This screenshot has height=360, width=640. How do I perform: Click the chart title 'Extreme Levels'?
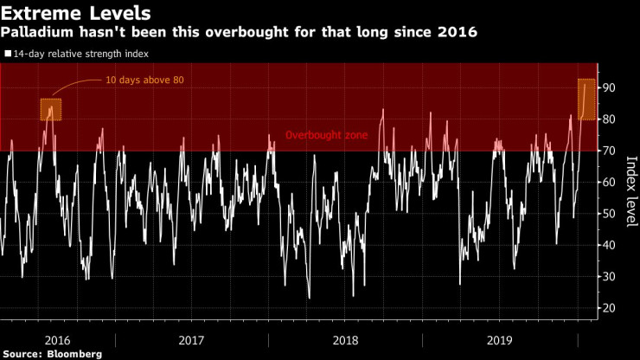point(76,13)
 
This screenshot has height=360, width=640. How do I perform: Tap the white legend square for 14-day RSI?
point(7,53)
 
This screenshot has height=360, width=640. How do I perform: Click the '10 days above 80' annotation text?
point(144,80)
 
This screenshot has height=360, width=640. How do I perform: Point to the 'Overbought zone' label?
point(328,136)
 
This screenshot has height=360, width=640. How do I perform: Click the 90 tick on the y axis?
point(609,88)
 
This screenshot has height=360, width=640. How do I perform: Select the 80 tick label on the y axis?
point(609,119)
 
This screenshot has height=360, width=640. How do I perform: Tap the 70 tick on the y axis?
point(609,151)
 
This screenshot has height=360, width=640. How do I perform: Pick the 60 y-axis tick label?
point(609,183)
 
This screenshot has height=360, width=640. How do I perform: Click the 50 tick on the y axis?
point(609,214)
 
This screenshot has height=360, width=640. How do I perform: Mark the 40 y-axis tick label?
point(609,245)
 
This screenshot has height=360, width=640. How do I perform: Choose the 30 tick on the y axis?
point(609,277)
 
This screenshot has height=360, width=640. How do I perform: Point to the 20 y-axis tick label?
point(609,308)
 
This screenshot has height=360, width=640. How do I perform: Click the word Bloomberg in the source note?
point(74,353)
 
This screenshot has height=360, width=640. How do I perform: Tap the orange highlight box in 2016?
point(51,110)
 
